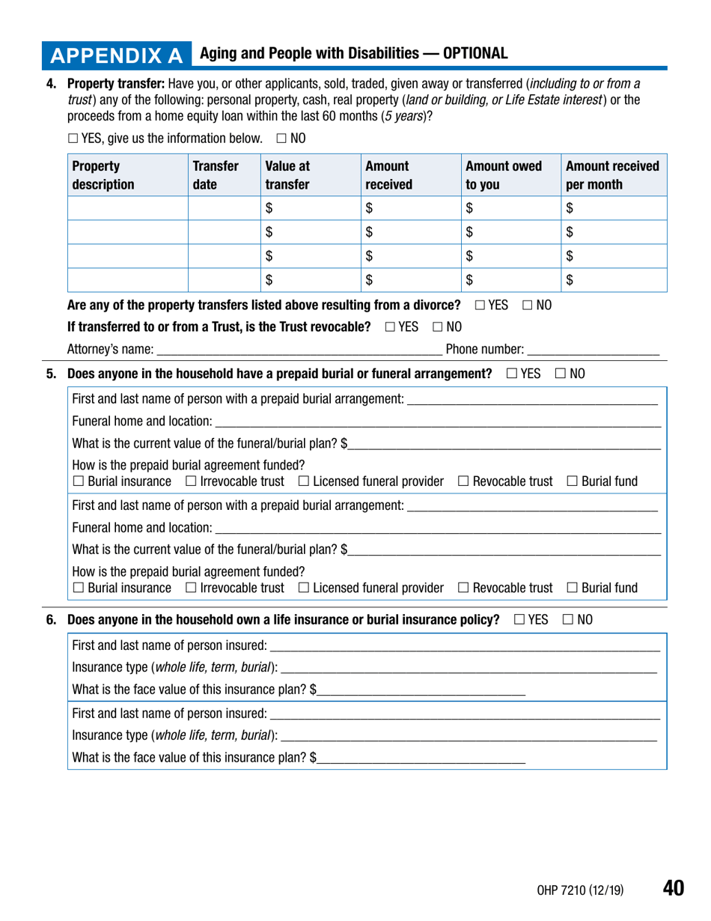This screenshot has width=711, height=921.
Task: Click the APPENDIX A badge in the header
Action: [x=116, y=55]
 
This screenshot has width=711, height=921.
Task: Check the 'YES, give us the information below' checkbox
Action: [x=73, y=139]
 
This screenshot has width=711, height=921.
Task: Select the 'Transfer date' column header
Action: [x=216, y=175]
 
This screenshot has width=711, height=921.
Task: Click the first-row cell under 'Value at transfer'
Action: [x=308, y=208]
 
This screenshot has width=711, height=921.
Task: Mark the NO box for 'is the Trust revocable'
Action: [x=438, y=327]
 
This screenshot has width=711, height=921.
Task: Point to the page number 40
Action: [x=673, y=888]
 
